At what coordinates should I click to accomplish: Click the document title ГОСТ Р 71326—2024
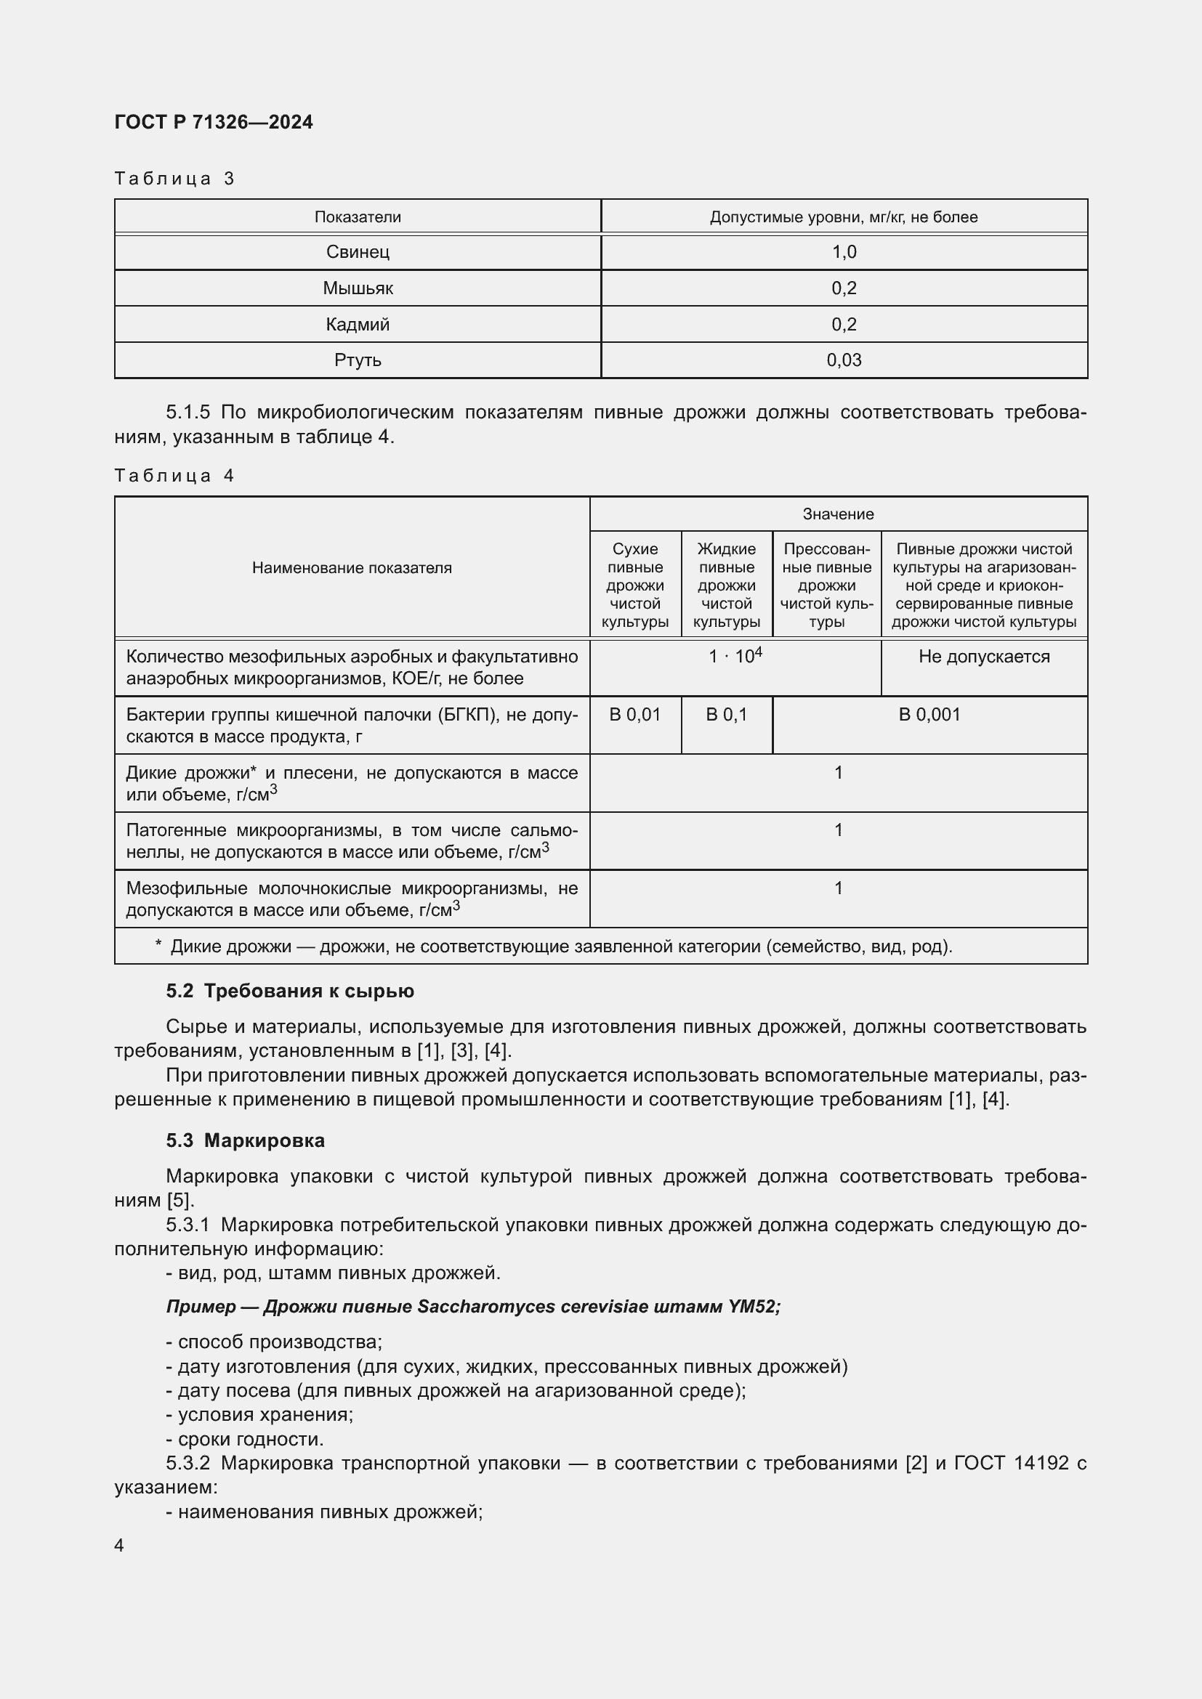[x=213, y=122]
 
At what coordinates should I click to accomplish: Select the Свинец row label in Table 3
[x=358, y=252]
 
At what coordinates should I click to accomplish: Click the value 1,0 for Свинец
[x=844, y=252]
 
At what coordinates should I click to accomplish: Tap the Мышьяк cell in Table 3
[x=358, y=288]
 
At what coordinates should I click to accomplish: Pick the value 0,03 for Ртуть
[x=844, y=360]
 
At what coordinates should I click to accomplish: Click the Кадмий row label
[x=358, y=324]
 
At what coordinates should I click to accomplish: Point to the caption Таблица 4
[x=174, y=476]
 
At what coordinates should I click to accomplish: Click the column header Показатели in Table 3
[x=358, y=216]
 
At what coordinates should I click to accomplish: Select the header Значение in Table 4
[x=838, y=514]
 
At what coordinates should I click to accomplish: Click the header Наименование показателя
[x=352, y=567]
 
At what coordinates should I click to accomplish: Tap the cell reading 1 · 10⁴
[x=735, y=657]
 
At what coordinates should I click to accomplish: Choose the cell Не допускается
[x=984, y=657]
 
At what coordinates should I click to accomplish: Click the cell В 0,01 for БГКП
[x=635, y=715]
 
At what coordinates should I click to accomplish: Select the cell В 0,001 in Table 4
[x=929, y=715]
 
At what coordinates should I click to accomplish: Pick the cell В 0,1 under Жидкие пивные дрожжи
[x=726, y=715]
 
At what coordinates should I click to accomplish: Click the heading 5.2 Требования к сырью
[x=289, y=991]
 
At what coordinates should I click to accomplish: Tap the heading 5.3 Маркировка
[x=245, y=1140]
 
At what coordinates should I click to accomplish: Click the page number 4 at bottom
[x=119, y=1546]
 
